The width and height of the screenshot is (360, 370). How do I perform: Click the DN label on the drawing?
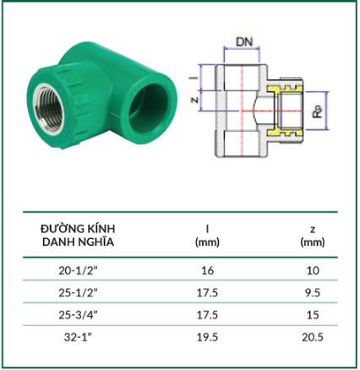click(244, 41)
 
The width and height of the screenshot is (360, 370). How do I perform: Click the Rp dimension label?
click(317, 111)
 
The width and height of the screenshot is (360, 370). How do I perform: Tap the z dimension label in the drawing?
click(194, 100)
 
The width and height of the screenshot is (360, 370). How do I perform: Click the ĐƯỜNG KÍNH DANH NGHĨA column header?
click(78, 235)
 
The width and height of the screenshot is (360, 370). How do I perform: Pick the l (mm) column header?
click(207, 236)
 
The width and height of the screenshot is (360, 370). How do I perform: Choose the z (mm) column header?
click(313, 236)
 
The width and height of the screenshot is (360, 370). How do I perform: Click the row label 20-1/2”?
click(78, 270)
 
